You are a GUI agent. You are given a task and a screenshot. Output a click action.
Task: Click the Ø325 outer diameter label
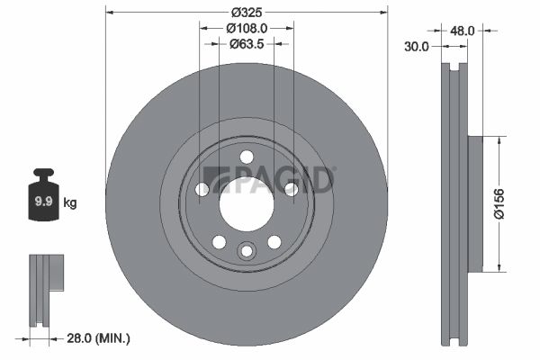(x=247, y=13)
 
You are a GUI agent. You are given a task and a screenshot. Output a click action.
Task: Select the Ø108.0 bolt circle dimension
(x=247, y=28)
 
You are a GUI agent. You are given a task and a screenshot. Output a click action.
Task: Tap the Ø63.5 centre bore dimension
(x=247, y=44)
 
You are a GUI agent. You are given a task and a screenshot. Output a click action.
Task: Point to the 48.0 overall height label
(x=463, y=31)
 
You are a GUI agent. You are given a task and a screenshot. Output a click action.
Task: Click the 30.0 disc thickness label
(x=417, y=46)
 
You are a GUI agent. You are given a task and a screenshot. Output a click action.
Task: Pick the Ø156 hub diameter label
(x=499, y=203)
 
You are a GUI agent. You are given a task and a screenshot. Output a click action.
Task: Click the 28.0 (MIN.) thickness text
(x=98, y=338)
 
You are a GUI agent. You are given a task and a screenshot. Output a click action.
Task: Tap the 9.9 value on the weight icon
(x=44, y=202)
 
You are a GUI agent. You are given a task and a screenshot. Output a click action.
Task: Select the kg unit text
(x=70, y=202)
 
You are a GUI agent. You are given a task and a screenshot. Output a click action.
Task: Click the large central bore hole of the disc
(x=247, y=204)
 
